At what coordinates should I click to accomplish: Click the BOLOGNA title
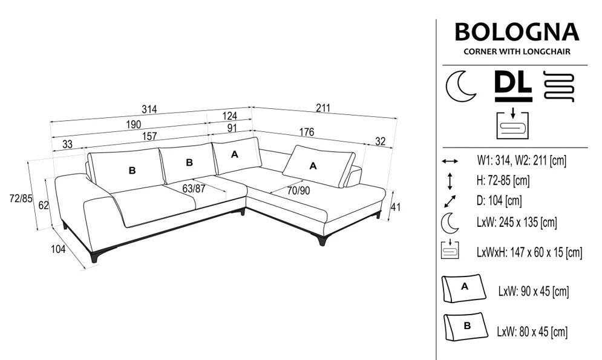click(x=517, y=32)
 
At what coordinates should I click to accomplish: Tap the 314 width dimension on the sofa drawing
click(x=149, y=109)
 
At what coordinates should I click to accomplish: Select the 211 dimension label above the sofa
click(x=323, y=108)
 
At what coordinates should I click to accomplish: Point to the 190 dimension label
click(x=134, y=125)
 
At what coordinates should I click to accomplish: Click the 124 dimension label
click(x=229, y=116)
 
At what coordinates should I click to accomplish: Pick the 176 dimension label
click(x=306, y=132)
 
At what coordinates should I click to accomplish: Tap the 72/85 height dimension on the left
click(x=21, y=199)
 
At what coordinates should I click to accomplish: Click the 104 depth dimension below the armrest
click(x=58, y=249)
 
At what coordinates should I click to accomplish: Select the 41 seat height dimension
click(x=396, y=207)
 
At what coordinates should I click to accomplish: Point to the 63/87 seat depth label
click(x=194, y=188)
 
